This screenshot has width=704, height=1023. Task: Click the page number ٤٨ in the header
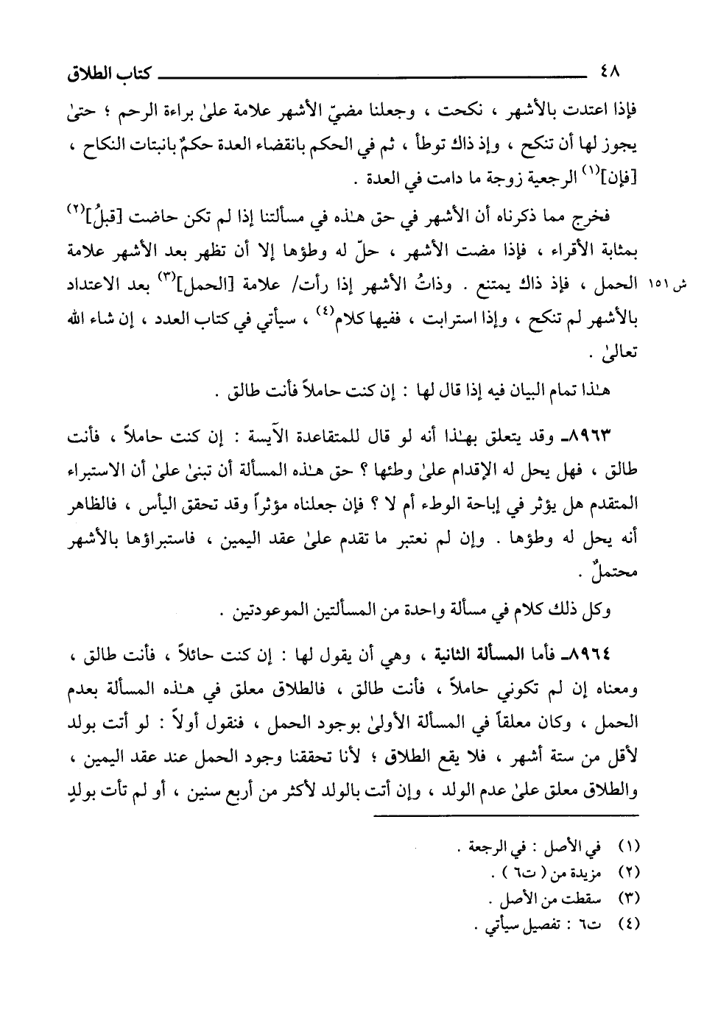click(610, 73)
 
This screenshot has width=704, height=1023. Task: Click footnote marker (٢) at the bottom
click(631, 874)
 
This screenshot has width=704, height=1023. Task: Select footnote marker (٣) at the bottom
click(631, 897)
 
